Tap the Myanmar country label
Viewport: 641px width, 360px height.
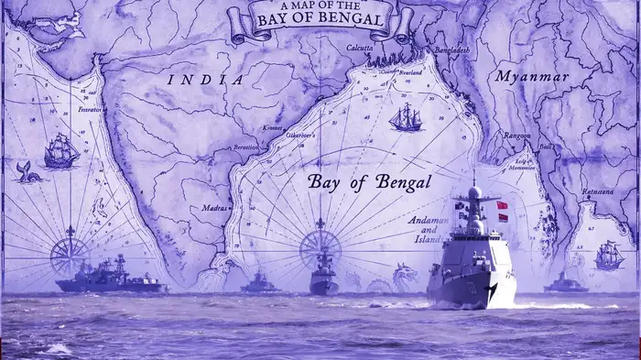(531, 77)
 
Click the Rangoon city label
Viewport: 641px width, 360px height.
(516, 136)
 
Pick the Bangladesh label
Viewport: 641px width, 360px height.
(451, 49)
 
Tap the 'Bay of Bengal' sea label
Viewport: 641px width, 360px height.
(369, 181)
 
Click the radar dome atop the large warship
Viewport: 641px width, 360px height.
(473, 192)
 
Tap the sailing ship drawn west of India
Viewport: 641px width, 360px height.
(60, 150)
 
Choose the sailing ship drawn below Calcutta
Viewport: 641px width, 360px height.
(404, 117)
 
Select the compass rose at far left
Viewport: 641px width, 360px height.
(69, 248)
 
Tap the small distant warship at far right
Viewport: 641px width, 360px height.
(565, 284)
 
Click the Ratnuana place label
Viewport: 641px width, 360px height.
(598, 191)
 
